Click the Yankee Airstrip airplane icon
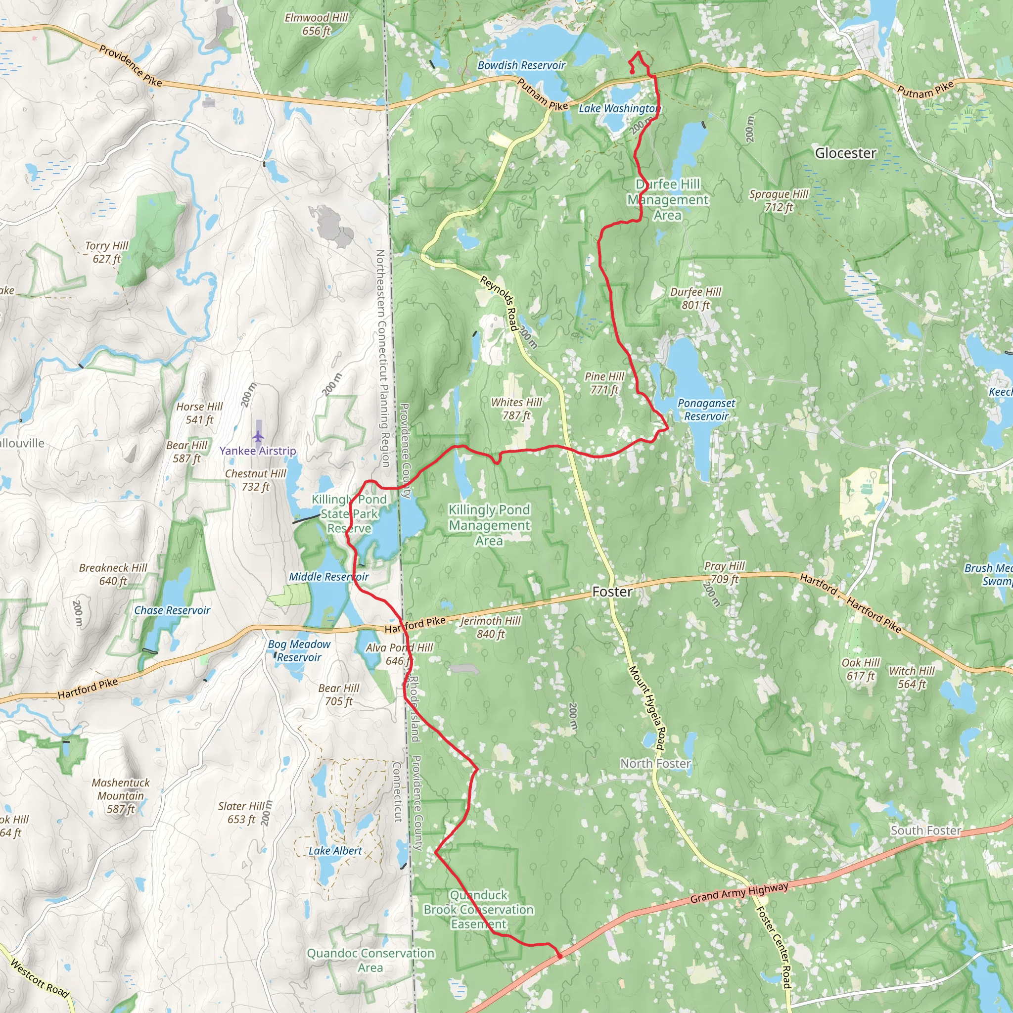(258, 436)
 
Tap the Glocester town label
(845, 153)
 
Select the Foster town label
(612, 592)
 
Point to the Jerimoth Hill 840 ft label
(490, 627)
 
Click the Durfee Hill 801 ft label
(695, 298)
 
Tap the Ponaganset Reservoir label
(706, 410)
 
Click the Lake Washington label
(619, 108)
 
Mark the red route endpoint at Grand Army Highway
(560, 957)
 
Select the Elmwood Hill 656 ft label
(316, 24)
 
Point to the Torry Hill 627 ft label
(106, 252)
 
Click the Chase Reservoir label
(172, 610)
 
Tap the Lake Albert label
(335, 850)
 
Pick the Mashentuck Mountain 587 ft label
(121, 795)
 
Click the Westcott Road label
(40, 978)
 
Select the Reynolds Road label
(499, 304)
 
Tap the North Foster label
(655, 763)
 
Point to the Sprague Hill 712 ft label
(779, 200)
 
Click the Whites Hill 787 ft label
(516, 409)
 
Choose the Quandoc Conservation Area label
(370, 960)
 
